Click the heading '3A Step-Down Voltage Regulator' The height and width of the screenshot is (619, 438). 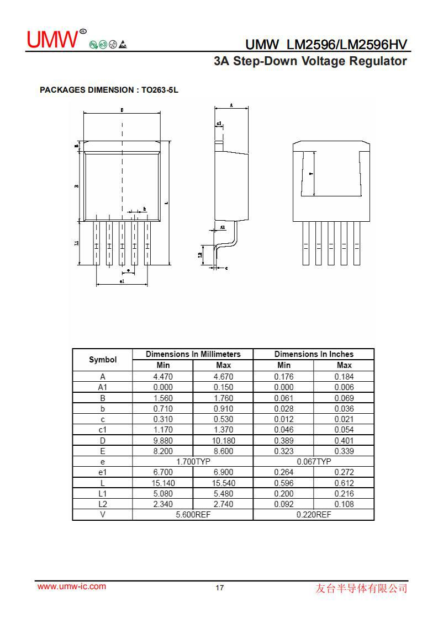[310, 61]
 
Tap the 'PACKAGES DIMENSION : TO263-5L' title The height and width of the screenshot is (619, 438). [109, 89]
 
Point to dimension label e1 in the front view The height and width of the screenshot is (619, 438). [122, 281]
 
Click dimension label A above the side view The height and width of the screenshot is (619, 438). [231, 105]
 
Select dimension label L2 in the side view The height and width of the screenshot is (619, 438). [200, 255]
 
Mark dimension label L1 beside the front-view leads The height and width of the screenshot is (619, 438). [77, 243]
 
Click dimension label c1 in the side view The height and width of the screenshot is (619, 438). [219, 124]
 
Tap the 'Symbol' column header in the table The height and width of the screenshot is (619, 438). [103, 360]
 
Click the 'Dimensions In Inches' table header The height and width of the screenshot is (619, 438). [313, 354]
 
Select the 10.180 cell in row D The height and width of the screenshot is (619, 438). [223, 440]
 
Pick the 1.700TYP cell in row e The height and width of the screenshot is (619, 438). [193, 461]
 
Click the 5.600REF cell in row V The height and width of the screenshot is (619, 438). [193, 514]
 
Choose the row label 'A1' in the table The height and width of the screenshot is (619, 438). [103, 387]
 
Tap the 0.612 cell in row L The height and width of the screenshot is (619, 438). [344, 483]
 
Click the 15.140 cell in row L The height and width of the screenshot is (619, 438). [163, 483]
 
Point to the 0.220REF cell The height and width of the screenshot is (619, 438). [313, 514]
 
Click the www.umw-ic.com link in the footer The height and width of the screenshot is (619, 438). [71, 586]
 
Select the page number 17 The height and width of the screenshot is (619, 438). [219, 588]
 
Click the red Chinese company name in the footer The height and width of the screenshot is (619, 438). [361, 588]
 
